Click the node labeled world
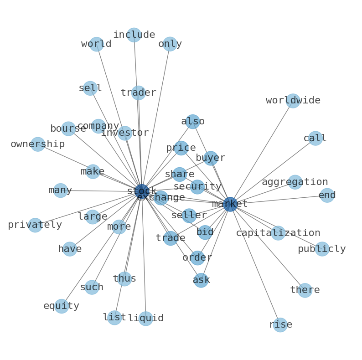click(x=97, y=44)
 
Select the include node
click(x=134, y=35)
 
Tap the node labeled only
click(x=170, y=44)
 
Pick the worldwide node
click(x=293, y=101)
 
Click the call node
click(x=315, y=138)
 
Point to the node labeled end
click(x=327, y=195)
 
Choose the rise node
click(x=280, y=325)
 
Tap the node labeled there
click(x=305, y=290)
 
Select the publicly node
click(x=322, y=249)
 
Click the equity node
click(x=62, y=306)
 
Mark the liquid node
click(x=146, y=319)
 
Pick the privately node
click(x=35, y=225)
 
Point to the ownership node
click(x=38, y=144)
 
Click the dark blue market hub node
click(x=230, y=204)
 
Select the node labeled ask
click(x=201, y=280)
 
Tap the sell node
click(x=90, y=88)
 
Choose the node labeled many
click(x=61, y=190)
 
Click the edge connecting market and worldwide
click(x=262, y=153)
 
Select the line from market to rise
click(x=255, y=264)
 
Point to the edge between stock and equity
click(x=102, y=249)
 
